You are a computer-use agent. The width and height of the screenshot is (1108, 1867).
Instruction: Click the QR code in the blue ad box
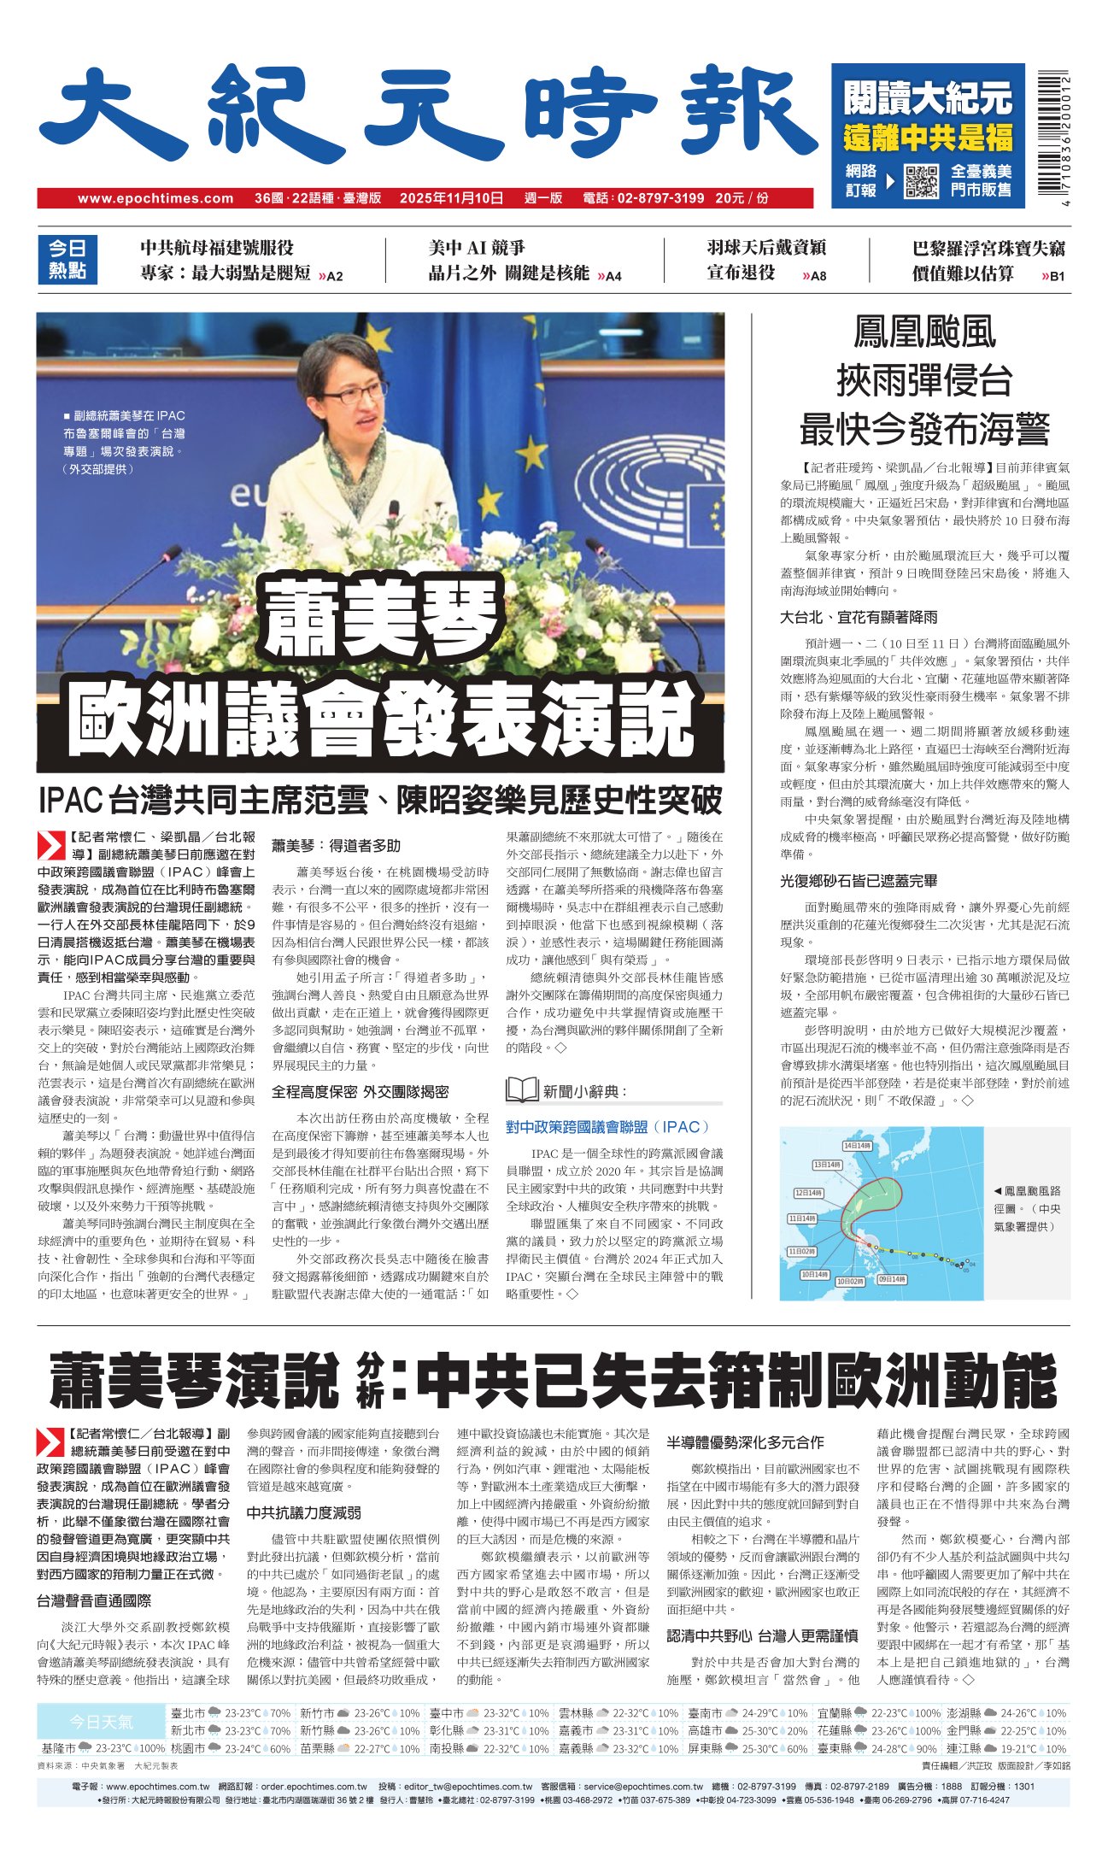click(x=921, y=179)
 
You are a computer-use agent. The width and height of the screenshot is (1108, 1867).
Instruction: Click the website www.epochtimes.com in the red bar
click(x=155, y=198)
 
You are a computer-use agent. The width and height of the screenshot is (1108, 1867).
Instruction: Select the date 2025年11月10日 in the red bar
click(x=451, y=198)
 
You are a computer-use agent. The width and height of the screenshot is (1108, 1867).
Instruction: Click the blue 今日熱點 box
click(x=67, y=259)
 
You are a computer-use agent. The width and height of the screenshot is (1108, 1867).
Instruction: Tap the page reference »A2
click(x=330, y=276)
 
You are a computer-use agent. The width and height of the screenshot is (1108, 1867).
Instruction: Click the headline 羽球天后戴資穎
click(x=765, y=248)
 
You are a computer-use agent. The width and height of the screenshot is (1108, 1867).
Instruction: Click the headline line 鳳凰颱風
click(x=924, y=332)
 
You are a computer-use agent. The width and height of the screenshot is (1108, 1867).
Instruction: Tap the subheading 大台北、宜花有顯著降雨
click(x=858, y=616)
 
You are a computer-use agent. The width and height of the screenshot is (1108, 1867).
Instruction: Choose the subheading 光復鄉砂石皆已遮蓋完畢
click(x=858, y=880)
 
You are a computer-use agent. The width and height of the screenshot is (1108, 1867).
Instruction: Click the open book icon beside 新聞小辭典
click(x=521, y=1089)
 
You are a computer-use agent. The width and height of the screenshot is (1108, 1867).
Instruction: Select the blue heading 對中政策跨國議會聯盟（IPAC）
click(x=607, y=1126)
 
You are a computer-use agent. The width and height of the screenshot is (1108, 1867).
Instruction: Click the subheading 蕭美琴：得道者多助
click(x=336, y=845)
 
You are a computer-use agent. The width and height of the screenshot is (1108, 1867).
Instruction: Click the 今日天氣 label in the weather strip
click(x=101, y=1721)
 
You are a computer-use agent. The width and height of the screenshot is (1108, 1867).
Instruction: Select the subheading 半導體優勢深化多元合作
click(x=745, y=1442)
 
